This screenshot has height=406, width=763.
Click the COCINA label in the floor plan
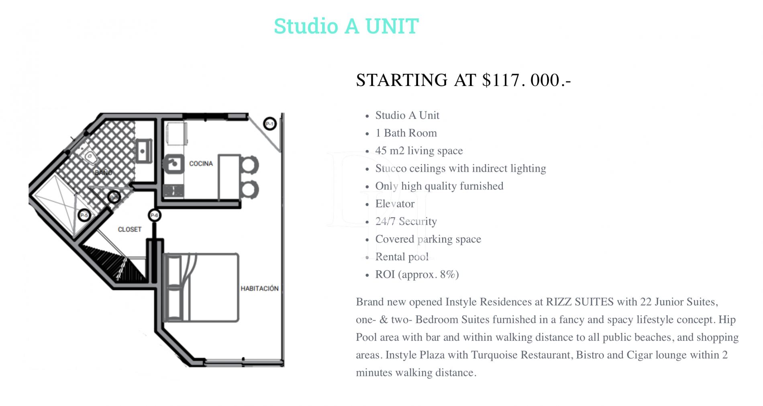201,164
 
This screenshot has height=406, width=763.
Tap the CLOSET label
129,230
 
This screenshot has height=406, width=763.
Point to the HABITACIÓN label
259,288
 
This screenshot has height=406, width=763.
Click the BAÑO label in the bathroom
103,172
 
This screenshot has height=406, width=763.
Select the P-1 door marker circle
270,124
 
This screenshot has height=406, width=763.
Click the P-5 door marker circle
84,215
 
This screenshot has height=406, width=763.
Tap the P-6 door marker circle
155,215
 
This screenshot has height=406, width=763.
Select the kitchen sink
174,164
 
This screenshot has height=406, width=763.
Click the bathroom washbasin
143,151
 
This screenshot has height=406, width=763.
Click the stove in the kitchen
174,191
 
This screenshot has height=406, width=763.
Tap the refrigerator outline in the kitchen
177,133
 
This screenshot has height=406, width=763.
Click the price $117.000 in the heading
526,80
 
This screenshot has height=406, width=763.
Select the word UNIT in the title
392,26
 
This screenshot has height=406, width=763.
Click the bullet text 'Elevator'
395,204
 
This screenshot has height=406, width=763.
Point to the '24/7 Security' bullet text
406,221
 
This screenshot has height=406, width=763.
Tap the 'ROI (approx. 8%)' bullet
417,275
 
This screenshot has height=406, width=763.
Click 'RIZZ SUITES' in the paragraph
579,302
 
